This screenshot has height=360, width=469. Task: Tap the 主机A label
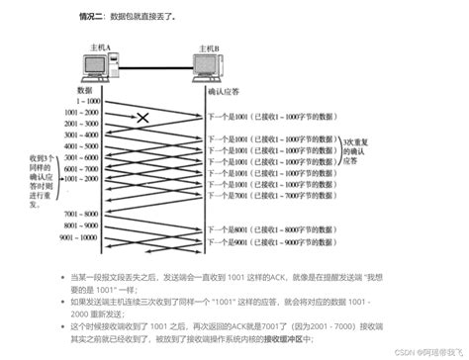(x=99, y=46)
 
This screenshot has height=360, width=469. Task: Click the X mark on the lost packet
(x=144, y=119)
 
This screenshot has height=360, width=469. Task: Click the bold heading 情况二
(x=94, y=17)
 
